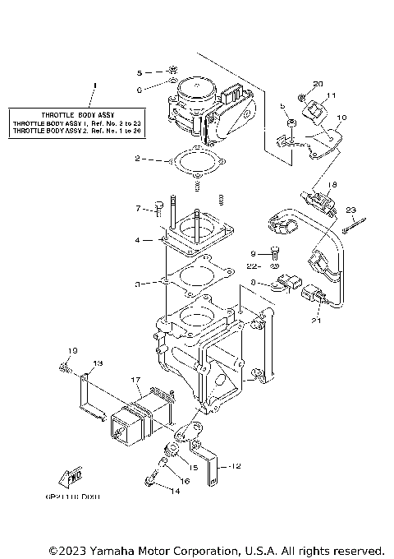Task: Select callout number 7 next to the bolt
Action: pyautogui.click(x=139, y=208)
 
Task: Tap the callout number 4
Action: pyautogui.click(x=140, y=241)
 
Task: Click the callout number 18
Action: pyautogui.click(x=333, y=184)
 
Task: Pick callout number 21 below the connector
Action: pyautogui.click(x=315, y=321)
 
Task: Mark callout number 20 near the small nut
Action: pyautogui.click(x=318, y=85)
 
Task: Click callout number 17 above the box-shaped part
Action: pyautogui.click(x=136, y=379)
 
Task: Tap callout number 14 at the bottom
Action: pyautogui.click(x=175, y=491)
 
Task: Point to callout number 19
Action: pyautogui.click(x=72, y=352)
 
